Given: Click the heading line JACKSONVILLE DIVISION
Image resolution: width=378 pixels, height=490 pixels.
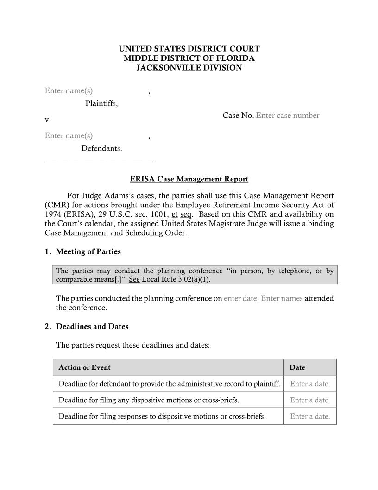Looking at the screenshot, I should click(x=189, y=68).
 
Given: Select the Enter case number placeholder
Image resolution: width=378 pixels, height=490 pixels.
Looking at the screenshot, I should click(x=287, y=116).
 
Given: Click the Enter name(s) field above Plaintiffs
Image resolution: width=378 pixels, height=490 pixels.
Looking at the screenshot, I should click(x=69, y=90).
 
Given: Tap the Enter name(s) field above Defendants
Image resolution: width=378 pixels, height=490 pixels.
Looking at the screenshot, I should click(x=69, y=135).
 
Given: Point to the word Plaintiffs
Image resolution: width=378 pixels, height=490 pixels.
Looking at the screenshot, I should click(x=101, y=103).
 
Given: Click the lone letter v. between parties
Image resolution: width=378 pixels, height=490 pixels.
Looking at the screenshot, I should click(x=48, y=120).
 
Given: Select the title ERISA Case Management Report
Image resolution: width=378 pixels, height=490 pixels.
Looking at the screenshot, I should click(x=189, y=179).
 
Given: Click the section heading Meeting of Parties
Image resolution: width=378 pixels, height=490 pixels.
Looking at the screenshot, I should click(x=88, y=251).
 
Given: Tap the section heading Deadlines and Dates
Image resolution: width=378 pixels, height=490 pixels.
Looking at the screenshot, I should click(x=92, y=327).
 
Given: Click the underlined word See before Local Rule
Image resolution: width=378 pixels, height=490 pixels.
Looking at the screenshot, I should click(x=134, y=279).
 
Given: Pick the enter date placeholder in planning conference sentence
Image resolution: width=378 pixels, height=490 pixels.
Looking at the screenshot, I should click(x=240, y=298).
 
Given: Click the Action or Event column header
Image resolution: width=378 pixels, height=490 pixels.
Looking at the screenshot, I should click(x=84, y=367).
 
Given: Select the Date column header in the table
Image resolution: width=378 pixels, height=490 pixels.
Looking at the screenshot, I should click(x=297, y=367).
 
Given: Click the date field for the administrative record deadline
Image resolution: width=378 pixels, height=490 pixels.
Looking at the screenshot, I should click(x=309, y=384).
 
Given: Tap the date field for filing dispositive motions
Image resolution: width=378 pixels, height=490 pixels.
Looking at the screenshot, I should click(x=309, y=400).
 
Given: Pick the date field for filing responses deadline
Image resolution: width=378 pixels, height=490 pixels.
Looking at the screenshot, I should click(x=309, y=416).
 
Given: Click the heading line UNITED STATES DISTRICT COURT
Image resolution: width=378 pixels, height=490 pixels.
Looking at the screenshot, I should click(x=189, y=49).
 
